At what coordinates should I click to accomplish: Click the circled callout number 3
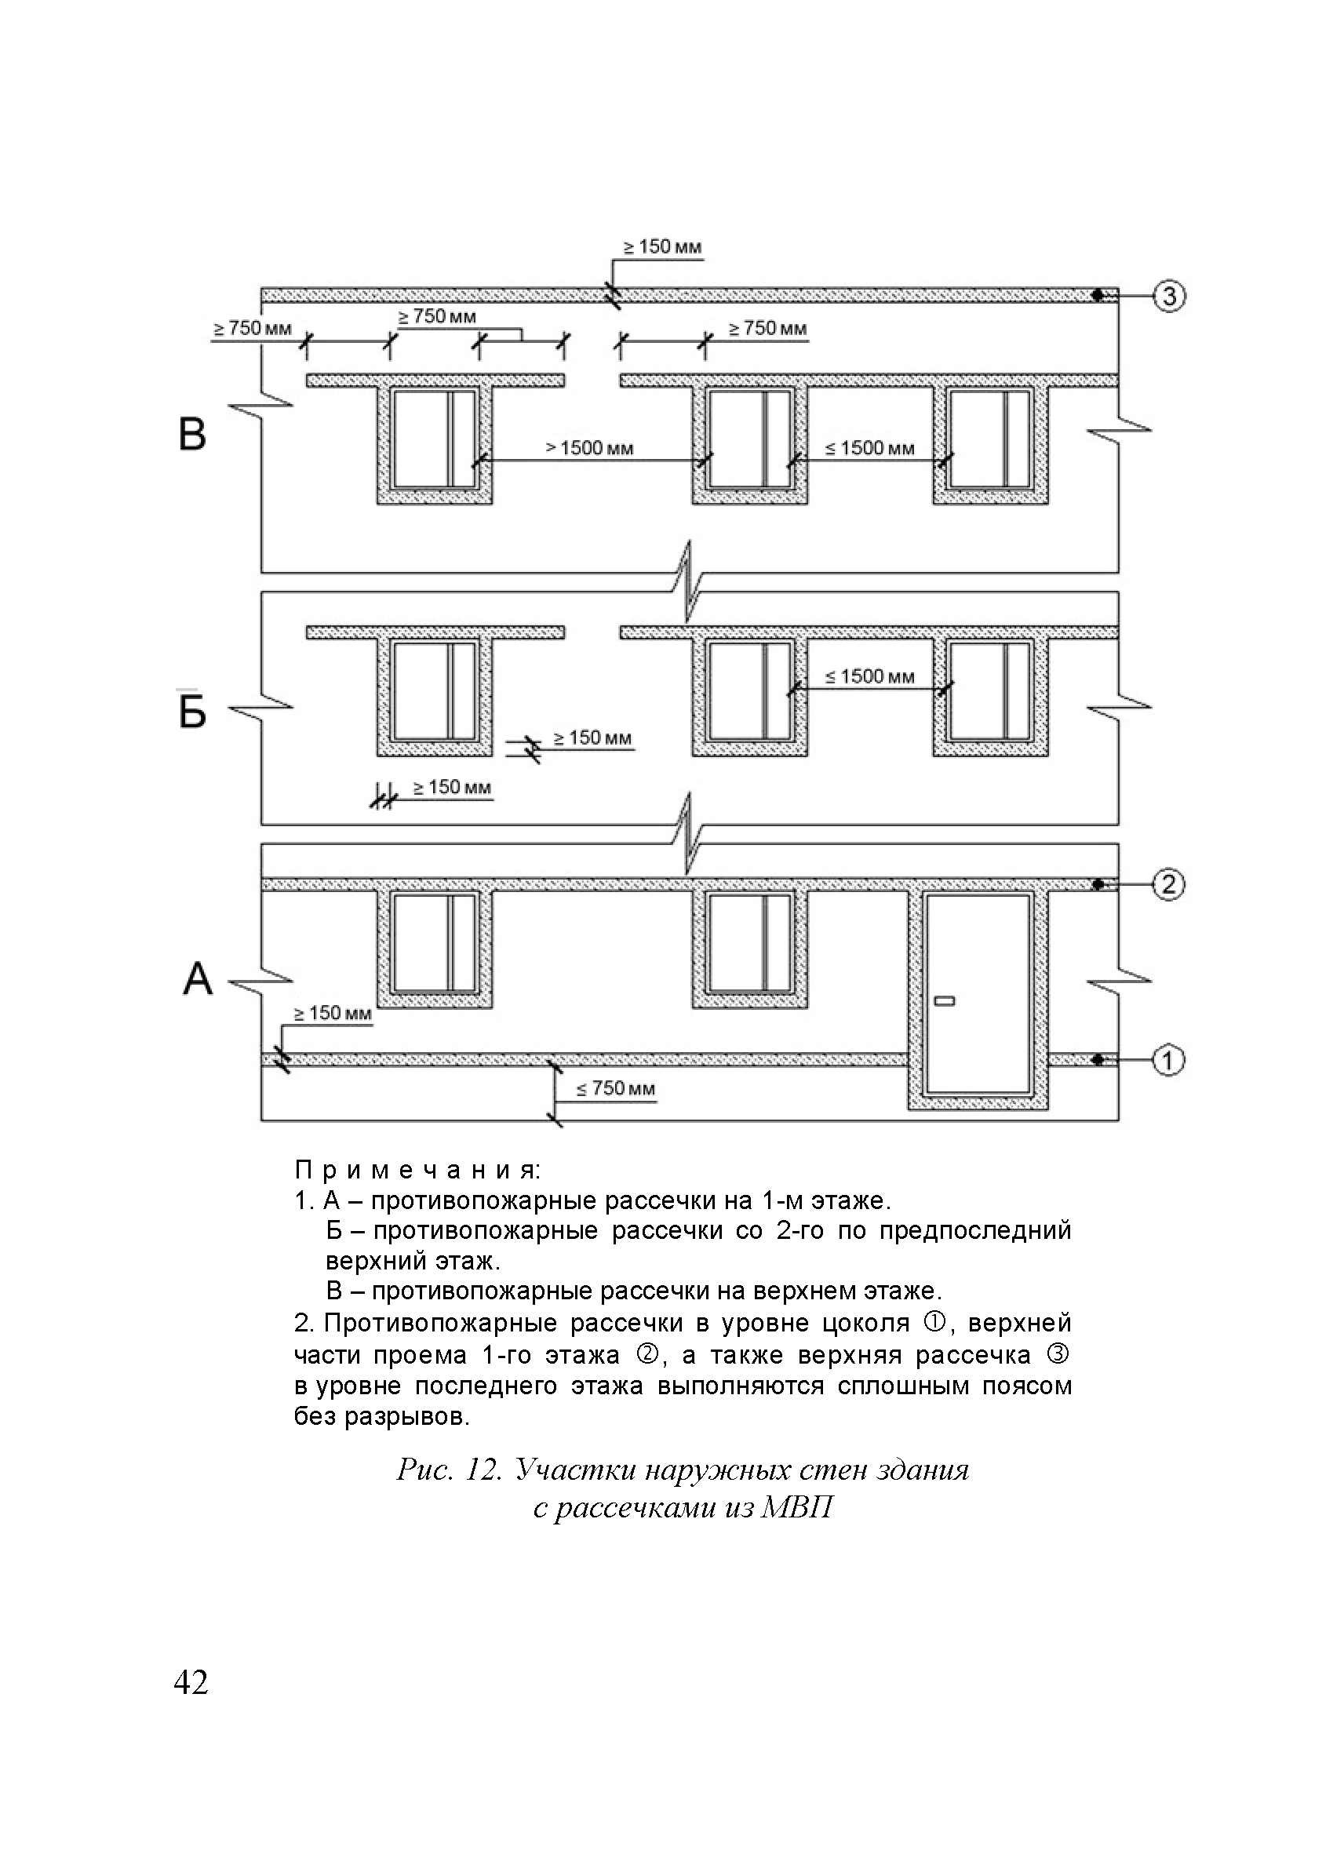click(1168, 295)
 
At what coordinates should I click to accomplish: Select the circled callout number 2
click(1168, 883)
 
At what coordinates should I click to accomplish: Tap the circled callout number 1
click(1168, 1060)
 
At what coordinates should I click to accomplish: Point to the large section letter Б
click(192, 709)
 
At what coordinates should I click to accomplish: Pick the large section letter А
click(197, 978)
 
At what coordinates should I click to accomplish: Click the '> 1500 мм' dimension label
click(589, 448)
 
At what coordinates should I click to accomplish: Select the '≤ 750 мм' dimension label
click(616, 1088)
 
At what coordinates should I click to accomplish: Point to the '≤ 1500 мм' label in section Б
click(869, 677)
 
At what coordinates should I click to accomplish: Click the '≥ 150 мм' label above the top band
click(663, 247)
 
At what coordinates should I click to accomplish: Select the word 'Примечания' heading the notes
click(417, 1171)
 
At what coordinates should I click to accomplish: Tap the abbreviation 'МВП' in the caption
click(796, 1507)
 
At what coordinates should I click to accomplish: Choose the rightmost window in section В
click(990, 439)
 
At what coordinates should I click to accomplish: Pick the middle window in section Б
click(749, 690)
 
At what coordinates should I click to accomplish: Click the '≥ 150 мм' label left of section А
click(333, 1014)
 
